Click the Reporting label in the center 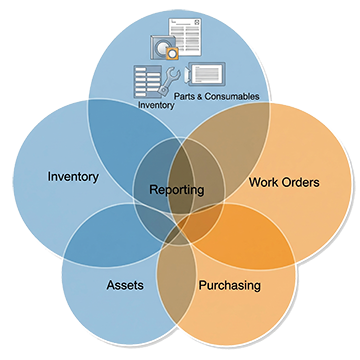[176, 189]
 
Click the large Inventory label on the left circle [73, 178]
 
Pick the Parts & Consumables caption [216, 96]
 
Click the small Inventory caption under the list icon [156, 102]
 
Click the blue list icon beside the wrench [147, 79]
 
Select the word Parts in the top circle [185, 96]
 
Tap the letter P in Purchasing [199, 285]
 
